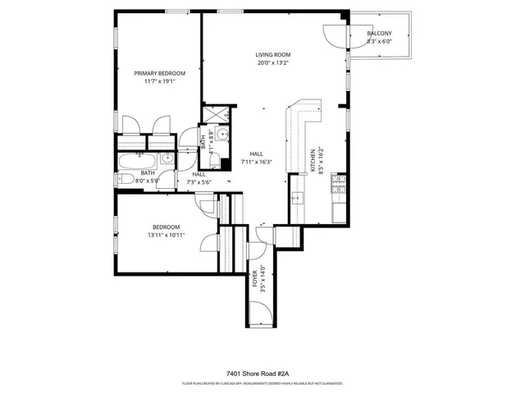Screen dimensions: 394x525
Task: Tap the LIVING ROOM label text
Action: (272, 55)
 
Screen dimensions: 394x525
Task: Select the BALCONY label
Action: (379, 33)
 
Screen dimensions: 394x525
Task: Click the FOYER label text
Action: (254, 274)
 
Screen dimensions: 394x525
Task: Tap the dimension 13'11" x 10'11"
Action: (166, 235)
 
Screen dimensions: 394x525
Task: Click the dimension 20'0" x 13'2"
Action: (272, 63)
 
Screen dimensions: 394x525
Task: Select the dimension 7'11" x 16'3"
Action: (256, 162)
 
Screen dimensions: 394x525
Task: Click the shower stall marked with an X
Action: (216, 115)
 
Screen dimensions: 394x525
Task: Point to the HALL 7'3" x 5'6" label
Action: (199, 177)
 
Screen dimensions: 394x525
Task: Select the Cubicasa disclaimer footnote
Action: (262, 383)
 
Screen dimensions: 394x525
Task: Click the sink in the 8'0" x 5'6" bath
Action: (167, 158)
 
